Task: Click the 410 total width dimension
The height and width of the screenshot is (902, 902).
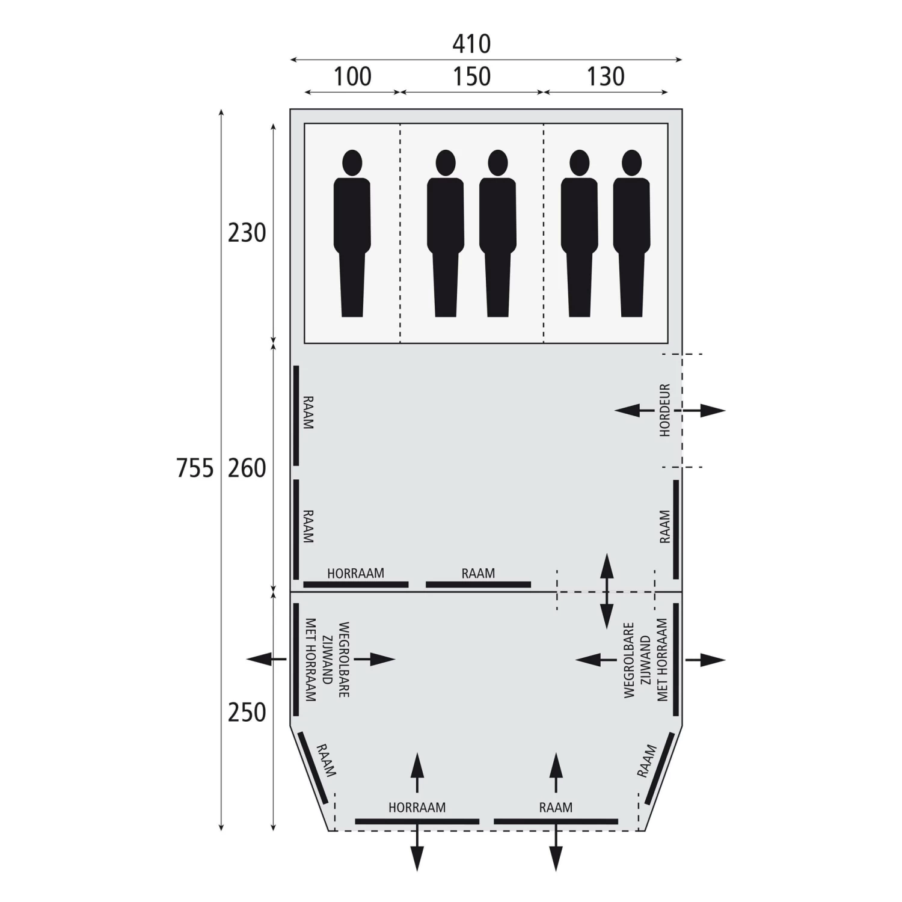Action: (x=471, y=44)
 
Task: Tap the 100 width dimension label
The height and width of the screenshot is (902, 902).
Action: (x=352, y=76)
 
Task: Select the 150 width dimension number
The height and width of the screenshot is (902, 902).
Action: (x=472, y=76)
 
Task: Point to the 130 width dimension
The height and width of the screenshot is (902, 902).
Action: (x=606, y=76)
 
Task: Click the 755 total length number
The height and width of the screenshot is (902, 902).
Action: (x=195, y=468)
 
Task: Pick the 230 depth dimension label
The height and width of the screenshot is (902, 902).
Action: (x=247, y=233)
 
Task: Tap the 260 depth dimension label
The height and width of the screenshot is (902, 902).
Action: (x=247, y=468)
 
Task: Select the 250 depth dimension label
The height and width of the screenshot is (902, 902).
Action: (x=247, y=712)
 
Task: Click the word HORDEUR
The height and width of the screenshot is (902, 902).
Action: (x=664, y=410)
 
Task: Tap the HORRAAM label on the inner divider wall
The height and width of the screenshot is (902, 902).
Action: (x=355, y=573)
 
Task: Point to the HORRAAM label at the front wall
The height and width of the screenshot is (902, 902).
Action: (x=417, y=808)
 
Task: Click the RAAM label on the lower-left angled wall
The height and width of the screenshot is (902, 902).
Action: (x=325, y=760)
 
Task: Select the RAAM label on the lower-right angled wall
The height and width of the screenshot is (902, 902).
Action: (x=646, y=761)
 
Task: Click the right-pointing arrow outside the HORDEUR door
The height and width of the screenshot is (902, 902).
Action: (x=707, y=411)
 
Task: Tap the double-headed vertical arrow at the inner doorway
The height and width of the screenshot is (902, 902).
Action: (x=606, y=591)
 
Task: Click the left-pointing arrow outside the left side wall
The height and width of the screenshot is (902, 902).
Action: (x=265, y=660)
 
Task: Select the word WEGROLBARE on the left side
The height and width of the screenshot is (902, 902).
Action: (x=344, y=659)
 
